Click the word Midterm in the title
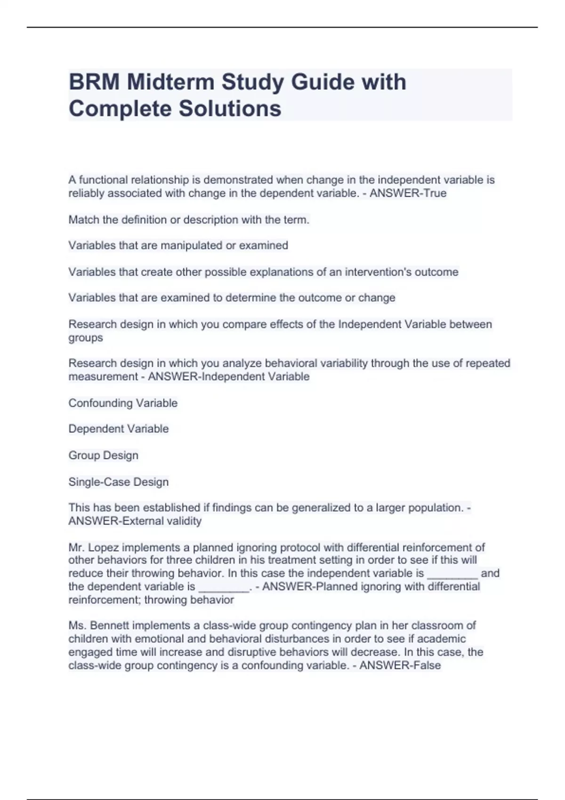click(x=171, y=82)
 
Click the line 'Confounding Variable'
click(x=123, y=403)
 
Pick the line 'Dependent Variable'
click(x=118, y=429)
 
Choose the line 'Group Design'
click(x=103, y=455)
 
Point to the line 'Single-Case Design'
click(x=118, y=481)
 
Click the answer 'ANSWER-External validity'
click(x=135, y=521)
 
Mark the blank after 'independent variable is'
click(x=452, y=574)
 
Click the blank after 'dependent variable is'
click(x=224, y=587)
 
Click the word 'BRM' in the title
click(x=94, y=82)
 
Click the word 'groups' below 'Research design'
click(x=85, y=338)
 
